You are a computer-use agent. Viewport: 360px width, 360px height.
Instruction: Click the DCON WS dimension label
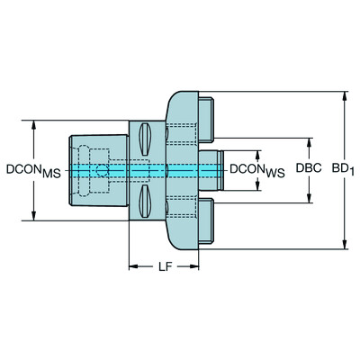point(256,169)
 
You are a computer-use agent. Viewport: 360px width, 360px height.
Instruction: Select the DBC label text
point(309,169)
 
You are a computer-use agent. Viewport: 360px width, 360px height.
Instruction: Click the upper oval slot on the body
point(145,140)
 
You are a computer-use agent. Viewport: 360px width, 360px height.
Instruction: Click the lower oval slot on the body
point(145,199)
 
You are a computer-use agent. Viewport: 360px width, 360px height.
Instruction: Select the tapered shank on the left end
point(93,169)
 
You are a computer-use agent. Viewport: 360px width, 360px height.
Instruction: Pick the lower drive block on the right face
point(204,224)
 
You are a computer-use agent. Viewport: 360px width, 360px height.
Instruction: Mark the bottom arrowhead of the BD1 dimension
point(343,244)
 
